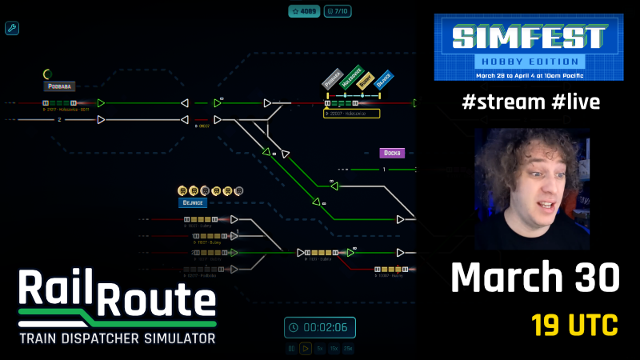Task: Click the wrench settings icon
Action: pos(12,29)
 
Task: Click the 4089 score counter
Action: pos(305,12)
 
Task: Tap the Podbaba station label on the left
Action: pos(59,86)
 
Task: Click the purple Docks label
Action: pos(392,153)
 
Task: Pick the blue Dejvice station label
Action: pos(193,203)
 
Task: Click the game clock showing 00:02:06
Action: pos(319,327)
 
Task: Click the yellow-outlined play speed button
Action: pos(306,349)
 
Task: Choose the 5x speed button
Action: pos(319,349)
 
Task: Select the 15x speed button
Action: pos(333,349)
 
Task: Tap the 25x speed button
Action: pos(347,349)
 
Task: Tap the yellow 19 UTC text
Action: pos(574,326)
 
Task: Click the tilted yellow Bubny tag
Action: pos(366,79)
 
